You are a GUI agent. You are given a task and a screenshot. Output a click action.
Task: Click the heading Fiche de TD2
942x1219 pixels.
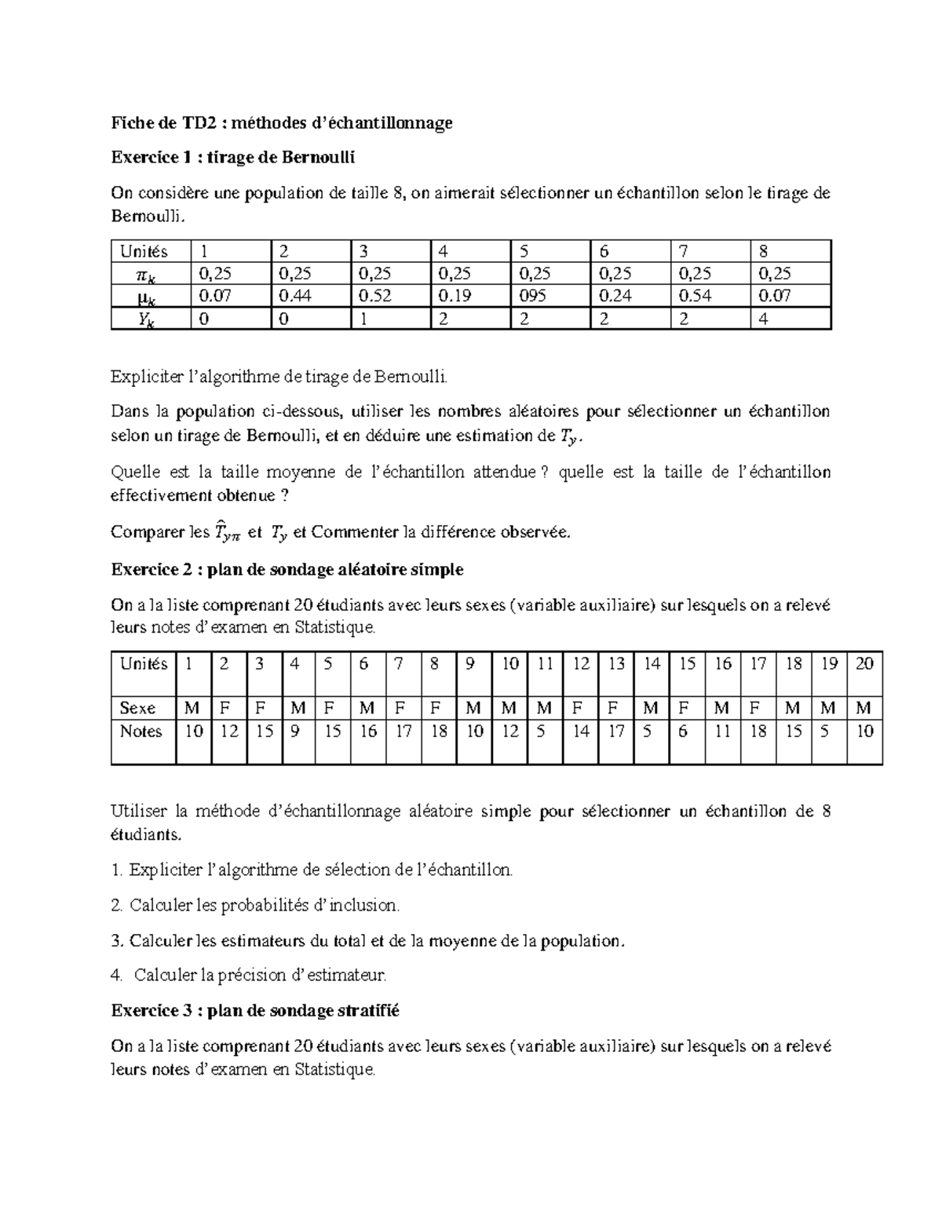coord(281,122)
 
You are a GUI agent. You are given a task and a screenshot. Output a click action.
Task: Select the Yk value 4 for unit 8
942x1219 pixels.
coord(763,319)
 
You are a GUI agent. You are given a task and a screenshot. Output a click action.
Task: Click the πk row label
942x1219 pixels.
coord(145,274)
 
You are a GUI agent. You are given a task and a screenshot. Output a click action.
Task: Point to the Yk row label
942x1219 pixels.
coord(145,319)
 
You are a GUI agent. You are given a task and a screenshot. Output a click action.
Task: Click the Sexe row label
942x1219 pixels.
coord(137,708)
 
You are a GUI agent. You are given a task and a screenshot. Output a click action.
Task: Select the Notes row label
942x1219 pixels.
coord(141,732)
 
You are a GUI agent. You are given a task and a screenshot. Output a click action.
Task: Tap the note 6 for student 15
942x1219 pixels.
coord(683,732)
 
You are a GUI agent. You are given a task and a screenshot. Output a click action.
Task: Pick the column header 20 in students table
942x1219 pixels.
coord(863,664)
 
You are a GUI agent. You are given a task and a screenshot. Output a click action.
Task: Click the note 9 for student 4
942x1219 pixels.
coord(294,732)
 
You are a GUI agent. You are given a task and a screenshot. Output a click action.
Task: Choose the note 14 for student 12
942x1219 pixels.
coord(581,732)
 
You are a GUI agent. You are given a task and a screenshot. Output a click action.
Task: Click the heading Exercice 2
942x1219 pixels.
coord(287,569)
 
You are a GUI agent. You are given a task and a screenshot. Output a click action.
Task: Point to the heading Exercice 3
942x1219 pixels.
coord(255,1011)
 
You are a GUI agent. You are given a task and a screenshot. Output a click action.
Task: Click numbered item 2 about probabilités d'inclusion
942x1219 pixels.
coord(255,905)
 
